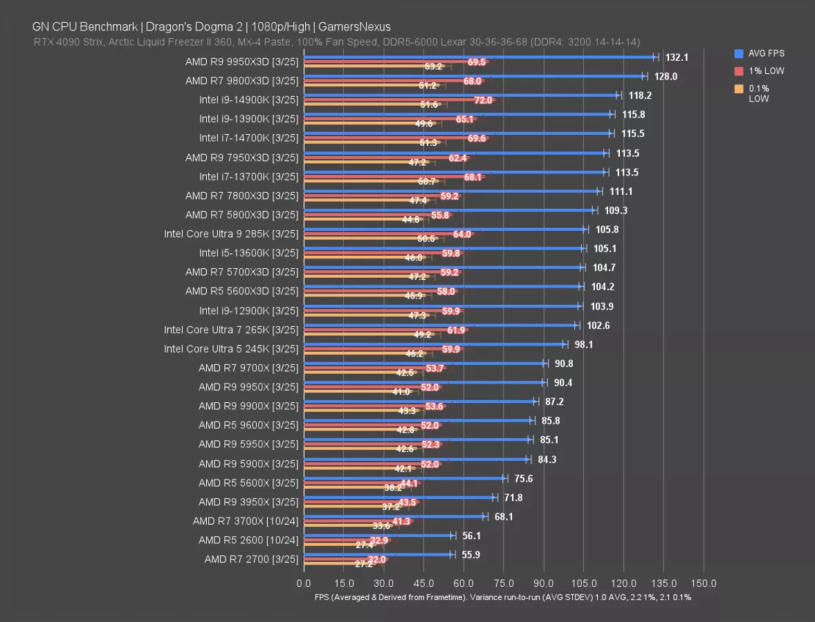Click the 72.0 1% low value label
pyautogui.click(x=483, y=100)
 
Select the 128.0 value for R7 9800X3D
pyautogui.click(x=666, y=77)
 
